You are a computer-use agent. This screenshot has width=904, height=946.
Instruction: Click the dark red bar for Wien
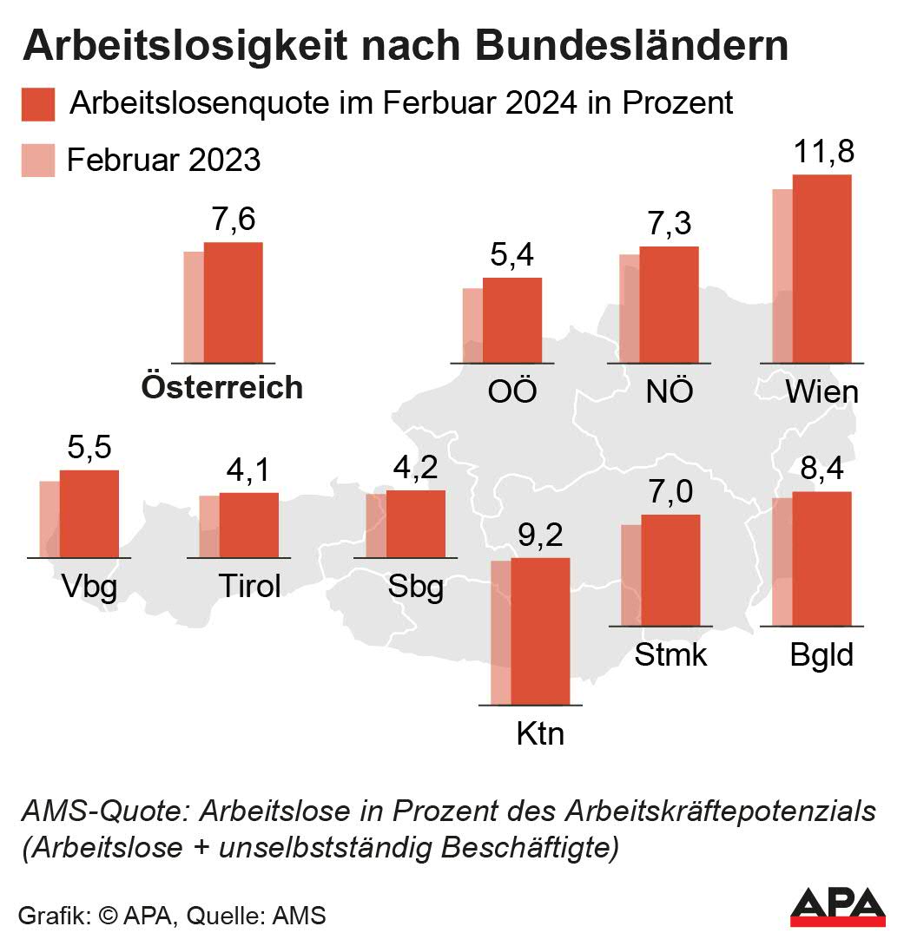[822, 268]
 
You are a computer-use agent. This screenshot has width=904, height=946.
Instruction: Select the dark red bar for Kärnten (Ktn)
[540, 631]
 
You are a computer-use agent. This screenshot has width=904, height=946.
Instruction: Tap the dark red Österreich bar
[233, 302]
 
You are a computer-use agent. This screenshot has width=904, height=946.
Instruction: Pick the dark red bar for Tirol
[248, 525]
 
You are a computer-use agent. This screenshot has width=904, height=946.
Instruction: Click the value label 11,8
[824, 152]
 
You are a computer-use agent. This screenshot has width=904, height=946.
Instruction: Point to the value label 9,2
[540, 535]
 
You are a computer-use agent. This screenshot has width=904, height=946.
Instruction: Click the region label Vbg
[89, 588]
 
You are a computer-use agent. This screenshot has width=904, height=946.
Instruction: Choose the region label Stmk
[670, 654]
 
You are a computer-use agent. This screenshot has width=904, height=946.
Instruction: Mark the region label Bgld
[822, 654]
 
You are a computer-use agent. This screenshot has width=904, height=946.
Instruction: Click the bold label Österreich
[222, 387]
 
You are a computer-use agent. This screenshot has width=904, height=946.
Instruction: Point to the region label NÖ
[670, 391]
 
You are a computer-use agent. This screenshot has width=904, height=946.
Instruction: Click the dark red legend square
[38, 104]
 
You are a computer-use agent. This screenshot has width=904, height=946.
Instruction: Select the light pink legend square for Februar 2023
[38, 161]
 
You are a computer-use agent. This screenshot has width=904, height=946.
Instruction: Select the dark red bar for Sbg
[415, 523]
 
